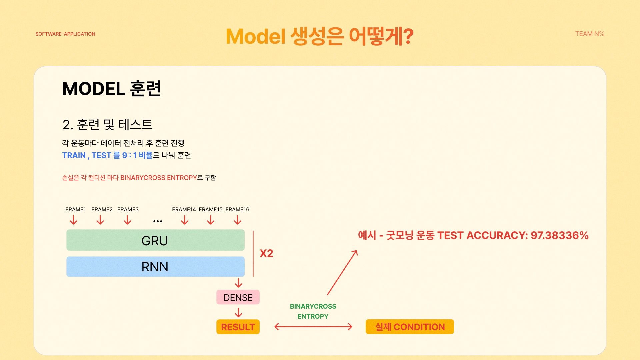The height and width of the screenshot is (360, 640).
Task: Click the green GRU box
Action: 155,240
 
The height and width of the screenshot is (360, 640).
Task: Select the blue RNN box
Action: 155,267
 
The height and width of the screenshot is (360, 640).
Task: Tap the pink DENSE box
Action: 238,297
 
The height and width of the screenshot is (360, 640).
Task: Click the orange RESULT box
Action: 238,327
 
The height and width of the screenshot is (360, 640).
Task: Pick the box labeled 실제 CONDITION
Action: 410,327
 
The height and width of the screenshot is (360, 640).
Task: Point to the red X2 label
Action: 266,253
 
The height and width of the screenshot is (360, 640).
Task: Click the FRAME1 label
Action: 76,209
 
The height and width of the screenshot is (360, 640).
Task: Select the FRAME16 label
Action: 237,209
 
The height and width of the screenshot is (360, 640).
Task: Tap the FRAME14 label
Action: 184,209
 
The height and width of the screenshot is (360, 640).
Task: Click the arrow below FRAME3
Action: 127,220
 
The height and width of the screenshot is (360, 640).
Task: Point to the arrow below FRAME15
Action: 211,220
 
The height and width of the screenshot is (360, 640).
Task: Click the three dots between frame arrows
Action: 158,221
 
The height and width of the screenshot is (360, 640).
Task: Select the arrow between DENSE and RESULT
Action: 238,313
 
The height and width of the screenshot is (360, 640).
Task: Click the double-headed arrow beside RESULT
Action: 313,327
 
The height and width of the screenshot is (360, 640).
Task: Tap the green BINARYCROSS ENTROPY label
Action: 313,311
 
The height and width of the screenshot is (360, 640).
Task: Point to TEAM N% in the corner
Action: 590,34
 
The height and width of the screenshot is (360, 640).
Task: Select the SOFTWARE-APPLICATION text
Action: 65,34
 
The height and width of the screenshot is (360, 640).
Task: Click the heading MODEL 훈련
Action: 112,89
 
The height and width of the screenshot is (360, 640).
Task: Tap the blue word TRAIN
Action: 74,155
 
